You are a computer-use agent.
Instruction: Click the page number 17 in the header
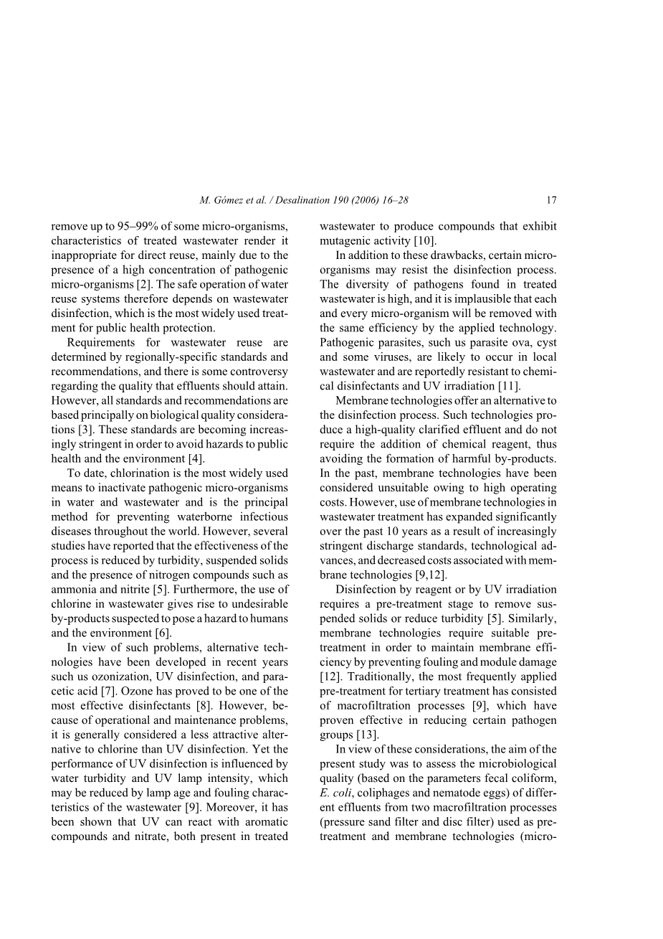tap(550, 201)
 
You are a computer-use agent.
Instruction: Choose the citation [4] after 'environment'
tap(196, 459)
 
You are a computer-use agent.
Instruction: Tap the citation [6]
tap(163, 633)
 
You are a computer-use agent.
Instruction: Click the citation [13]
tap(365, 735)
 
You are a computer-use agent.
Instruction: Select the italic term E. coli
tap(335, 793)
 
